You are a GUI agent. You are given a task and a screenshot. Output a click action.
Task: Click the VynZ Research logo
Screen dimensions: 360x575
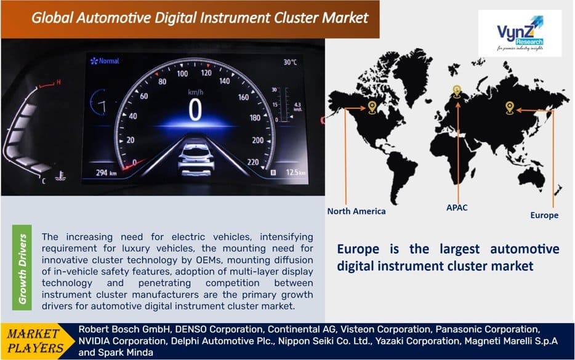pyautogui.click(x=520, y=33)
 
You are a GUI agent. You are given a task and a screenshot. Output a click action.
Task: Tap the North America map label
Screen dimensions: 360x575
pyautogui.click(x=356, y=211)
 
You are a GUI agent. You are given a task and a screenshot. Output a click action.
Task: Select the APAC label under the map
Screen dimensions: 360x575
pyautogui.click(x=456, y=207)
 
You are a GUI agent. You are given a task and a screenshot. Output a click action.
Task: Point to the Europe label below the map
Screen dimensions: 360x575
pyautogui.click(x=544, y=215)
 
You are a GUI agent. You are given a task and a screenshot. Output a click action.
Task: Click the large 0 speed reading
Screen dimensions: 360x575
pyautogui.click(x=195, y=110)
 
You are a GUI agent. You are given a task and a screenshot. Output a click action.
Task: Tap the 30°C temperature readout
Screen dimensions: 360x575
pyautogui.click(x=290, y=62)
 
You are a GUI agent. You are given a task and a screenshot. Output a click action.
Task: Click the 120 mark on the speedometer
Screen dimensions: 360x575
pyautogui.click(x=206, y=73)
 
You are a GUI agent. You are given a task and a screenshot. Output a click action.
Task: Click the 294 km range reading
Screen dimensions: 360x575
pyautogui.click(x=105, y=173)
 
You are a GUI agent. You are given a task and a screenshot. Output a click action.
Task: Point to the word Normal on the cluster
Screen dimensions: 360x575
pyautogui.click(x=109, y=62)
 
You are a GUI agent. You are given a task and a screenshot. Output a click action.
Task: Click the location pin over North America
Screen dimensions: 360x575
pyautogui.click(x=372, y=108)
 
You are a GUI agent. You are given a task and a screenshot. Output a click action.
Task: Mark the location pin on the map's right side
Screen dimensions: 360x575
pyautogui.click(x=509, y=108)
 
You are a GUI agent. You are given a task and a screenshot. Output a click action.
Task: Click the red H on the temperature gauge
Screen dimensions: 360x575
pyautogui.click(x=58, y=82)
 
